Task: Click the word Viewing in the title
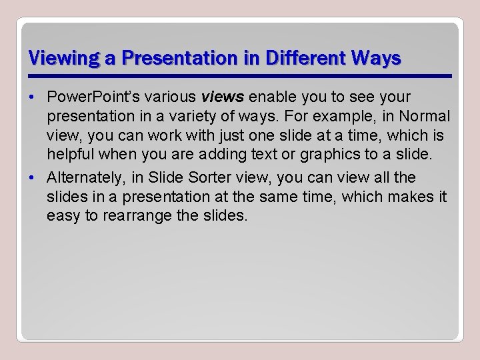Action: tap(59, 58)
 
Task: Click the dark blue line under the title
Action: tap(240, 76)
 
